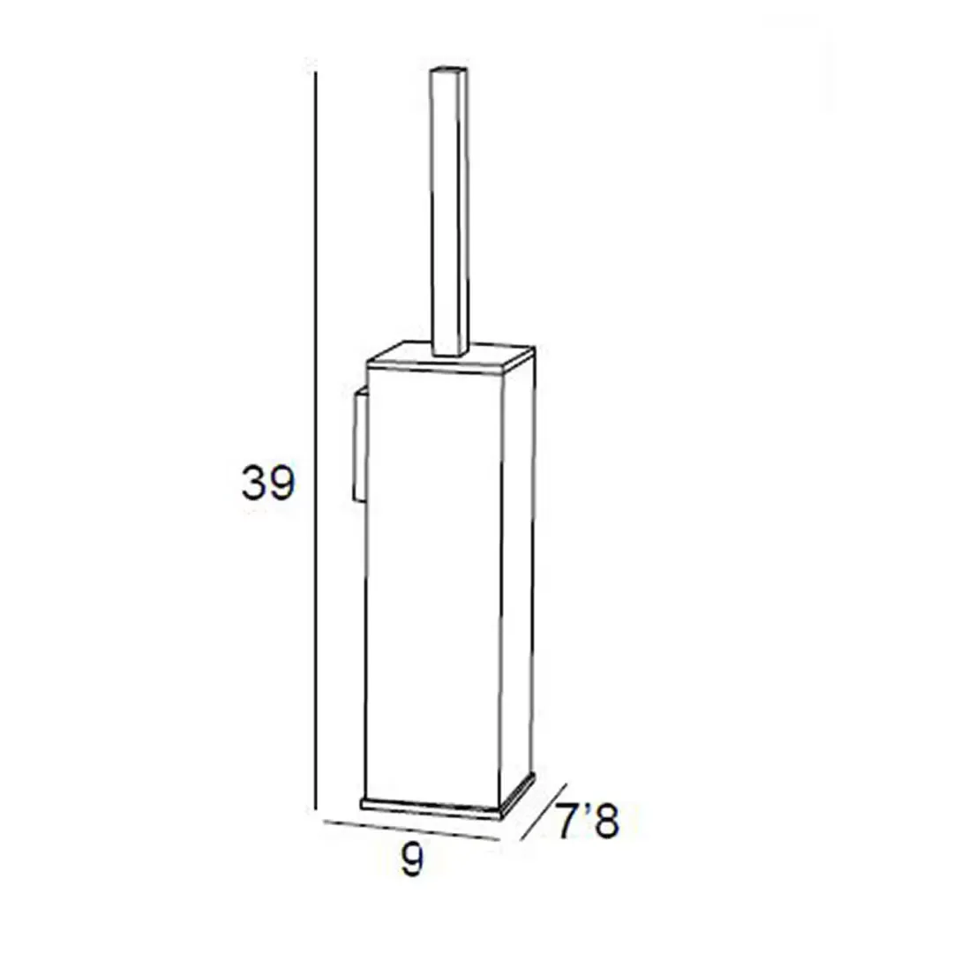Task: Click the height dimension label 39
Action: tap(268, 483)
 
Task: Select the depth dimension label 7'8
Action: tap(588, 821)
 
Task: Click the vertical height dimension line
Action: tap(315, 441)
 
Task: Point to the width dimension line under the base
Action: tap(411, 831)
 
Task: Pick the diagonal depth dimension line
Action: tap(544, 812)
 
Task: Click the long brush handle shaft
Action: tap(450, 210)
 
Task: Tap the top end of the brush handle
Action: tap(448, 68)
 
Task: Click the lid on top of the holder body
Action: tap(450, 358)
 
